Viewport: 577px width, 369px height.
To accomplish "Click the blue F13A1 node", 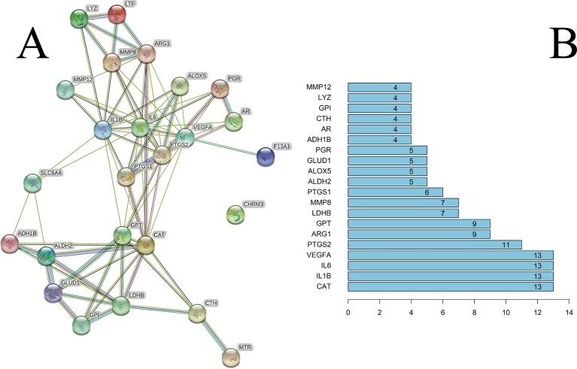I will pos(265,156).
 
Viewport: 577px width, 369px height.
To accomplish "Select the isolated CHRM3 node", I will pos(235,215).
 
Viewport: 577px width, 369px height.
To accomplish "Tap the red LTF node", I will pos(117,14).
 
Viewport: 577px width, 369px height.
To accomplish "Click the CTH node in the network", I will pos(196,313).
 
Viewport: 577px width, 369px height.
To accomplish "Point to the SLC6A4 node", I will pos(32,183).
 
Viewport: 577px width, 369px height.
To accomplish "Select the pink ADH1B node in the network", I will pos(9,243).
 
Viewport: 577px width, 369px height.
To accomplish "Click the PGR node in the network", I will pos(219,89).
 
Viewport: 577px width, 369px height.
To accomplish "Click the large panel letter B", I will pos(563,45).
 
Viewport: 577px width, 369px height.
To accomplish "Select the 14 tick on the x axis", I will pos(569,310).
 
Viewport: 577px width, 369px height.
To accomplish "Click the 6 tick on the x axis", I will pos(442,310).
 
